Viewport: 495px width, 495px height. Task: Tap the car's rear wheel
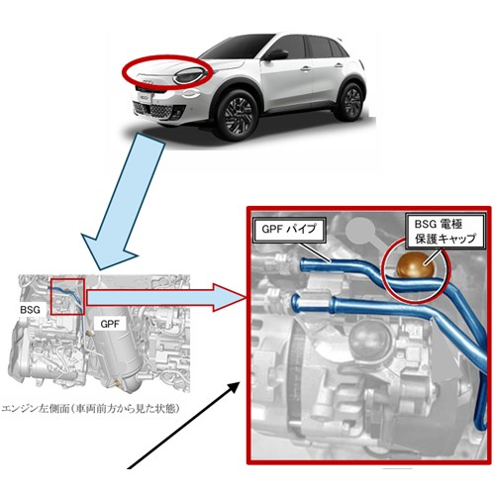(x=350, y=101)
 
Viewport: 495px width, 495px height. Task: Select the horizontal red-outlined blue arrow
(x=166, y=297)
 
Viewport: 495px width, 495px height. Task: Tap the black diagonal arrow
(x=183, y=425)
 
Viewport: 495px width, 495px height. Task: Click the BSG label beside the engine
(x=30, y=310)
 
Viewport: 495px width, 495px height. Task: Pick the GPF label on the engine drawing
(x=110, y=324)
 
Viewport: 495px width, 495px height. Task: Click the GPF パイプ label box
(x=289, y=229)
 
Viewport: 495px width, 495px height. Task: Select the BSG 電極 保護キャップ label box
(x=445, y=231)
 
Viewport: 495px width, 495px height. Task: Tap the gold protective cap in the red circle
(x=415, y=264)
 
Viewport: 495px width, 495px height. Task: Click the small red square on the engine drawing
(x=67, y=296)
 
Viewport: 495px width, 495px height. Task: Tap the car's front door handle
(x=306, y=68)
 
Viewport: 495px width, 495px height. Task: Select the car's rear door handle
(x=339, y=65)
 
